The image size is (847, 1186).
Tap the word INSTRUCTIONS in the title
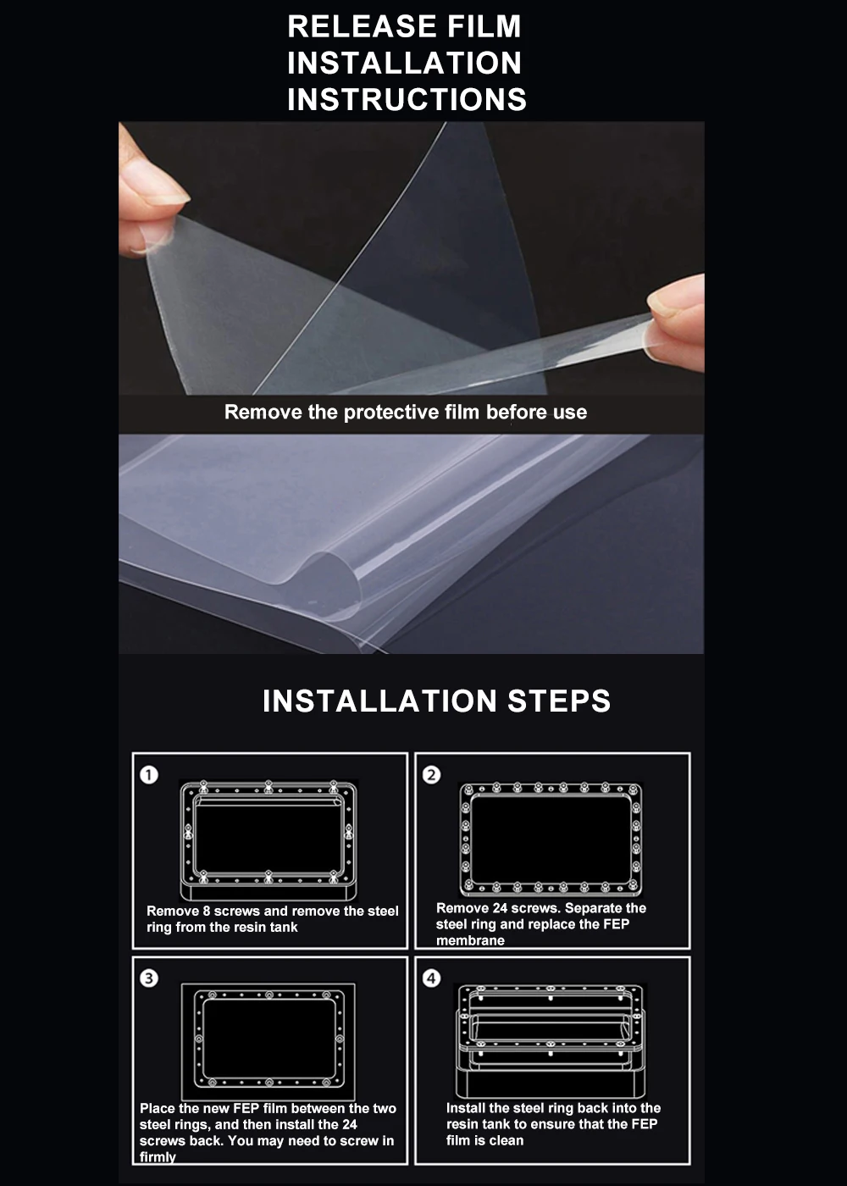point(407,99)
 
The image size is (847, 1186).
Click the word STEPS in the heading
point(559,701)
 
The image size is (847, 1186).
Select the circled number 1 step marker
point(149,775)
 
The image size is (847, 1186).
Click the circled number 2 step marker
point(431,775)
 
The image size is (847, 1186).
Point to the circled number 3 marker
point(149,978)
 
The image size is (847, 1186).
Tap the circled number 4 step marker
point(431,978)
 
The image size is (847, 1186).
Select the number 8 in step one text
point(207,912)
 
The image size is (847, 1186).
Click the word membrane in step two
point(470,940)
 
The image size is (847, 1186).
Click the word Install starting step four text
point(466,1108)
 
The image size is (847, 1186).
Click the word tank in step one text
point(283,927)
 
